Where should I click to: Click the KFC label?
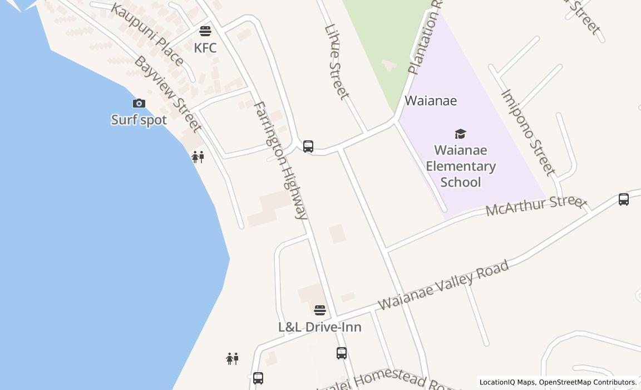point(205,48)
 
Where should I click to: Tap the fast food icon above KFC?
point(205,31)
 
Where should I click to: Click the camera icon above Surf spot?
point(139,103)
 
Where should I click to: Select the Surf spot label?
point(139,120)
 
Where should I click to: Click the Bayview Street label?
point(167,94)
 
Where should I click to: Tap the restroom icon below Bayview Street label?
point(198,157)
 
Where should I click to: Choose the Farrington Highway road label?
point(280,160)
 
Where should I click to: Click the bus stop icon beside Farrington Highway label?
point(308,147)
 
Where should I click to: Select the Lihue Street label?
point(337,61)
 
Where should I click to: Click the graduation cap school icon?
point(460,134)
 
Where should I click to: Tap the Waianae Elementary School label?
point(461,166)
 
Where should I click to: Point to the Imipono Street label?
point(528,132)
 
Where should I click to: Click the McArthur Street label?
point(536,206)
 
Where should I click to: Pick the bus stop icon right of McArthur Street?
point(624,199)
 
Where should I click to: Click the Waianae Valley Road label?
point(443,285)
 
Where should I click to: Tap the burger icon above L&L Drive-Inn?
point(319,310)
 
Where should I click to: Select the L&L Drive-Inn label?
point(319,327)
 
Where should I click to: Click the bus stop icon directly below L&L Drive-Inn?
point(342,353)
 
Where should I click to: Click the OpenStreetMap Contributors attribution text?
point(588,382)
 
